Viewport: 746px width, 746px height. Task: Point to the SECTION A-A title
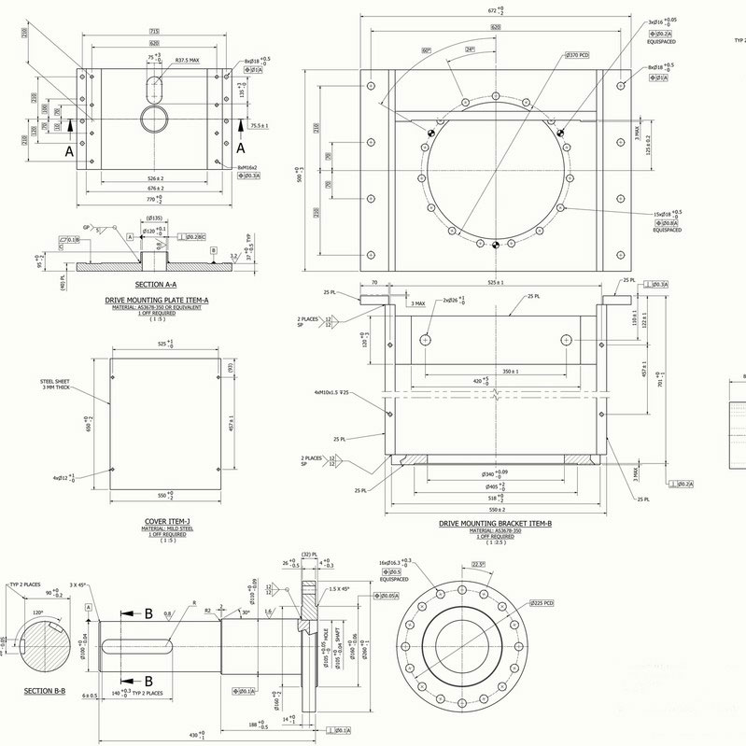click(155, 284)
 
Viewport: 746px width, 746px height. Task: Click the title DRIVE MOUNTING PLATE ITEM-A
click(156, 301)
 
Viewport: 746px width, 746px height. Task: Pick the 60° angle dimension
click(427, 50)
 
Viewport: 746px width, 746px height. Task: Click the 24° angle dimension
click(470, 49)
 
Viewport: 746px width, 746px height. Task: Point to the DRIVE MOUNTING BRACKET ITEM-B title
click(496, 524)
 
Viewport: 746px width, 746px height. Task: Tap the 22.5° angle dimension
click(478, 563)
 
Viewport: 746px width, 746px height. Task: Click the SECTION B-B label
click(43, 692)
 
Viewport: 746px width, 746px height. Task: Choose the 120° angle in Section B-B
click(37, 612)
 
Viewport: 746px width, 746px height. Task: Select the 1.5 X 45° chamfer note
click(341, 590)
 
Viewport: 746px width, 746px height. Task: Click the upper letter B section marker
click(148, 613)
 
